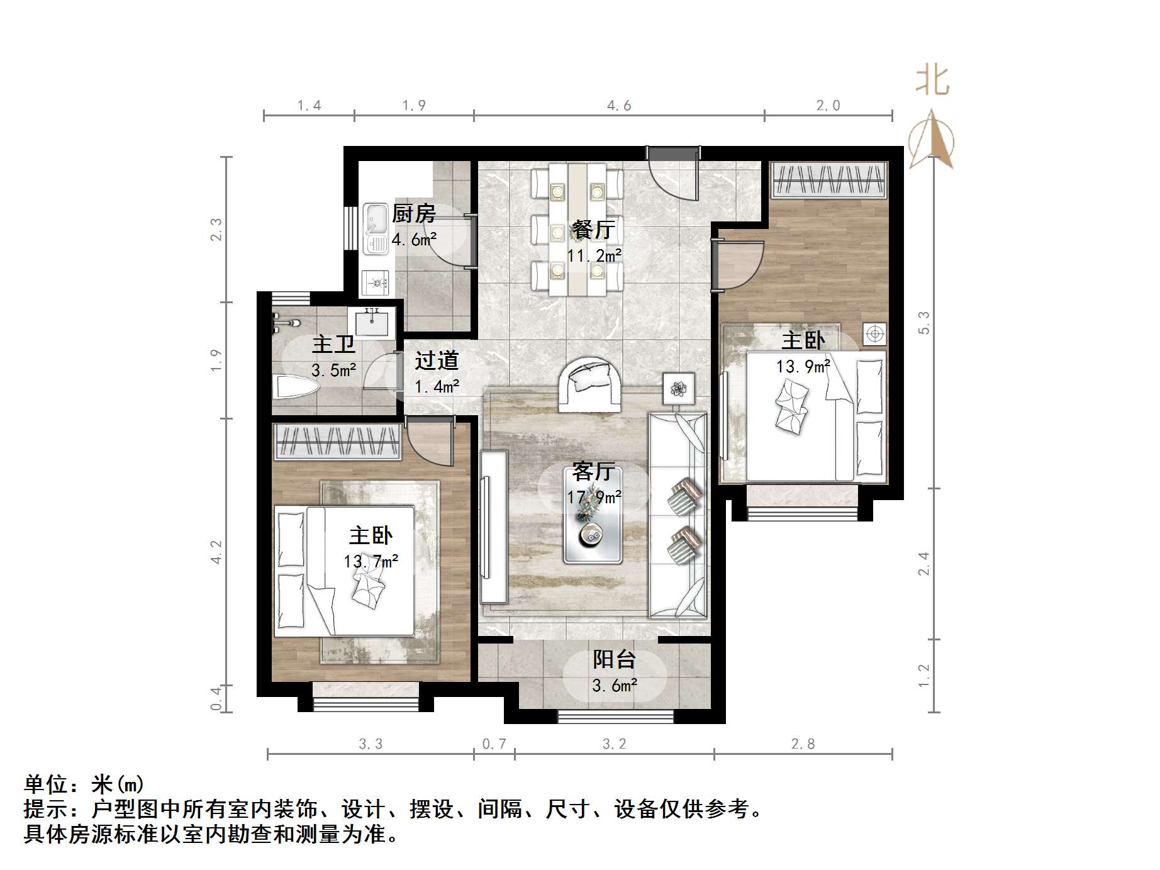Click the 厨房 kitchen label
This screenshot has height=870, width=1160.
click(414, 214)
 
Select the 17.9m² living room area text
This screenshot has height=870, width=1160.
click(594, 498)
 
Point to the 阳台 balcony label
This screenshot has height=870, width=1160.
click(614, 659)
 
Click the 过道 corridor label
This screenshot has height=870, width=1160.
click(437, 360)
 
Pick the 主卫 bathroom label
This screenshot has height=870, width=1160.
click(333, 344)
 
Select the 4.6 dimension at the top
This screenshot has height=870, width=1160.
click(619, 106)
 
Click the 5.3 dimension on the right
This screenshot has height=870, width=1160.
click(923, 323)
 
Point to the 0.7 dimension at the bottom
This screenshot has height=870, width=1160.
click(494, 744)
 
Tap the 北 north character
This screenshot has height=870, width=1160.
click(932, 81)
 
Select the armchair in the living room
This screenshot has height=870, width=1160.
click(589, 383)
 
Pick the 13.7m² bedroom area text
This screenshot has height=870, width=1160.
click(371, 561)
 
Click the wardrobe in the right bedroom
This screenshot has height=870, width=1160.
click(829, 179)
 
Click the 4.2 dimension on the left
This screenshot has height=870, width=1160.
click(216, 552)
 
